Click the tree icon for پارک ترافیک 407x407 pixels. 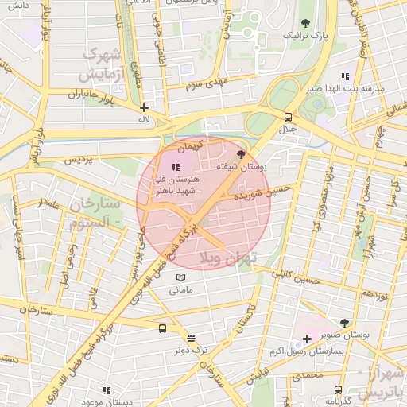click(x=306, y=23)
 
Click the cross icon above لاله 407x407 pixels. click(x=144, y=107)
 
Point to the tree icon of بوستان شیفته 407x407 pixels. click(x=241, y=154)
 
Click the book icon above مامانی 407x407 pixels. click(x=181, y=277)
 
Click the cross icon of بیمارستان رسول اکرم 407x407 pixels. click(x=307, y=339)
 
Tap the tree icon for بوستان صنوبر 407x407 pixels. click(x=343, y=323)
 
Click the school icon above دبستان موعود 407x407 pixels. click(x=107, y=390)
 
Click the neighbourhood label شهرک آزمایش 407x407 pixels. click(x=101, y=66)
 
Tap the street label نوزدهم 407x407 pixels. click(x=372, y=294)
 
